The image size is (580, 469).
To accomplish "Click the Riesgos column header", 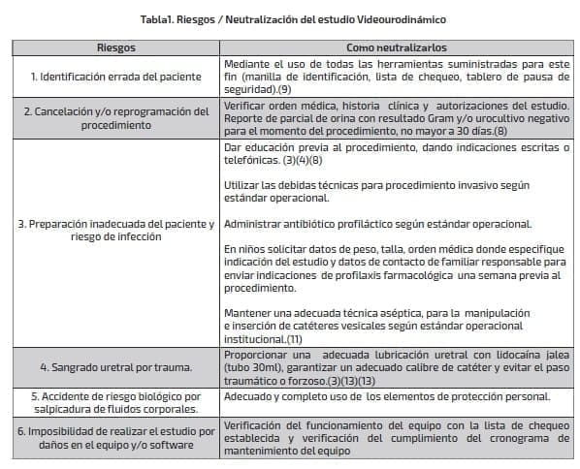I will coord(115,47).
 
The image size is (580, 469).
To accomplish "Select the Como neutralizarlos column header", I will coord(396,47).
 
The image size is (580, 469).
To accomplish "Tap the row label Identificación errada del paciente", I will coord(115,76).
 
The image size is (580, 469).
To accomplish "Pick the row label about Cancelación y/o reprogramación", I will coord(115,117).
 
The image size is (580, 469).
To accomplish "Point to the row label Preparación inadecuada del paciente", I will coord(115,231).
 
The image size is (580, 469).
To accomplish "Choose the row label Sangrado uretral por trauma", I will coord(115,367).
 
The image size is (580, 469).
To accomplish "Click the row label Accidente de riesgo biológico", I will coord(115,402).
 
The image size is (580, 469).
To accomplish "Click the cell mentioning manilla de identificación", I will coord(396,76).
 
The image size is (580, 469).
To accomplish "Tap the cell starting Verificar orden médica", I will coord(396,117).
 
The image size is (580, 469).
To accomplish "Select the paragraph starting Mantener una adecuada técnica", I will coord(378,326).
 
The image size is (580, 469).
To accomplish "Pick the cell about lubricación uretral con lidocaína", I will coord(396,367).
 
